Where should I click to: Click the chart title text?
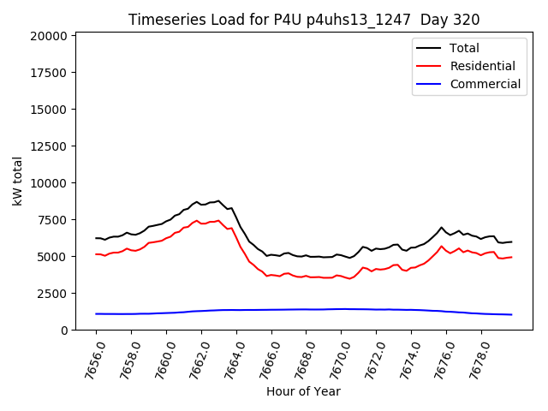tap(304, 20)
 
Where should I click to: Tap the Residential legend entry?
tap(482, 66)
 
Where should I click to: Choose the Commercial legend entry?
tap(485, 84)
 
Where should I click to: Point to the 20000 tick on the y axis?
tap(48, 36)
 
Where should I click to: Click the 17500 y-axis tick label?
tap(48, 73)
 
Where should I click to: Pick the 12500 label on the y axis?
tap(48, 110)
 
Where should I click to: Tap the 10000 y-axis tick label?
tap(48, 183)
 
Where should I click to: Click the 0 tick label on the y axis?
tap(64, 331)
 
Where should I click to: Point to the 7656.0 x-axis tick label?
tap(88, 359)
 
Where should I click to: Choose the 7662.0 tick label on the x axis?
tap(194, 359)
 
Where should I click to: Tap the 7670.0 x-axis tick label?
tap(334, 359)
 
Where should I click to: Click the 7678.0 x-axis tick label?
tap(474, 359)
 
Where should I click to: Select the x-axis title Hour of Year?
tap(303, 392)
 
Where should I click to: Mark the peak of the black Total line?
tap(218, 200)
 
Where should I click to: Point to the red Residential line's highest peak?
tap(218, 220)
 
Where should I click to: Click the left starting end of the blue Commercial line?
tap(96, 313)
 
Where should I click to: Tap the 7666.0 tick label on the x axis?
tap(264, 359)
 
